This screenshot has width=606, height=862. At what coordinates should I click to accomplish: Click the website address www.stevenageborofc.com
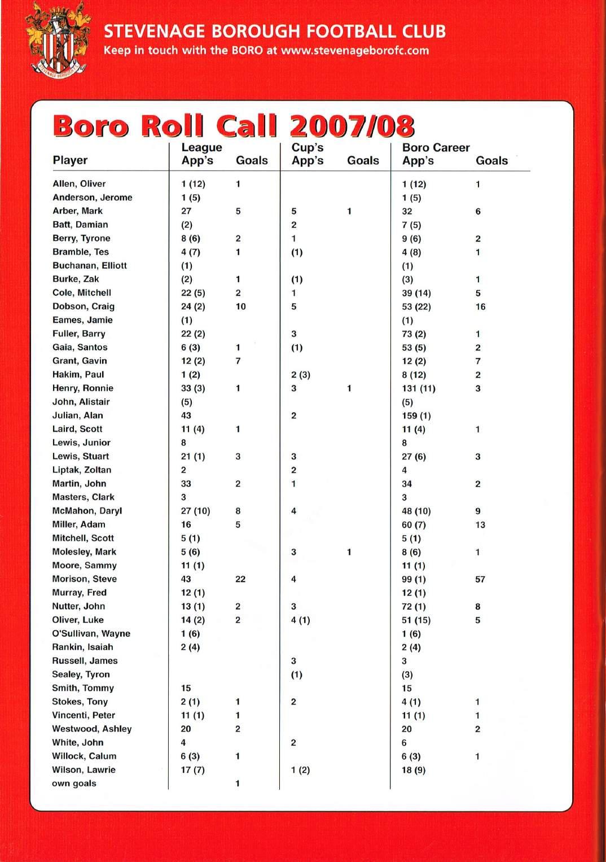355,50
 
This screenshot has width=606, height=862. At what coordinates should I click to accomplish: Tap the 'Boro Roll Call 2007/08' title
234,126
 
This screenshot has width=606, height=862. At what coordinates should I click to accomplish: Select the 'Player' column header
70,160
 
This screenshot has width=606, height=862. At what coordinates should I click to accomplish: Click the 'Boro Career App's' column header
435,154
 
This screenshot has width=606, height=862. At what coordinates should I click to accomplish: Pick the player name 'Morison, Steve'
85,579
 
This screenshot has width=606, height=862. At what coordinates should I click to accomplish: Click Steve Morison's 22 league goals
240,579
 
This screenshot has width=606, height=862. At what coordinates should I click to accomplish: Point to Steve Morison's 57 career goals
480,579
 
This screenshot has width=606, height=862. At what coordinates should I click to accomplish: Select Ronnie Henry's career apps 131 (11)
418,388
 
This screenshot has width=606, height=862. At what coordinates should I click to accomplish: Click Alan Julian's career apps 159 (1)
416,415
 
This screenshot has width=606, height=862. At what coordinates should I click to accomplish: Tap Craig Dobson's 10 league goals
240,307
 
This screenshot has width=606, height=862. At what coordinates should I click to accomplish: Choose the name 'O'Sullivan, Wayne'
91,633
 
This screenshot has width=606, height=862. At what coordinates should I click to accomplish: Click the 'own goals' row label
74,783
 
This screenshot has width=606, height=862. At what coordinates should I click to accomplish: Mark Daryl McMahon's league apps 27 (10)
195,511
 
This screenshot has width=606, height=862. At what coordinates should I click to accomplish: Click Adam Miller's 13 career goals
480,524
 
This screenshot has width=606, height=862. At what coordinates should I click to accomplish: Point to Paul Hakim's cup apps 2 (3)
301,375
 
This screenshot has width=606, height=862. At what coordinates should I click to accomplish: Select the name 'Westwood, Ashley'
92,729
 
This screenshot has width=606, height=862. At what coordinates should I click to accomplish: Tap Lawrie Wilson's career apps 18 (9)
414,770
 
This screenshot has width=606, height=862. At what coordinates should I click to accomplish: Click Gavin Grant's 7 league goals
238,361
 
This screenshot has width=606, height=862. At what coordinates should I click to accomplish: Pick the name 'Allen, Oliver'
79,183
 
